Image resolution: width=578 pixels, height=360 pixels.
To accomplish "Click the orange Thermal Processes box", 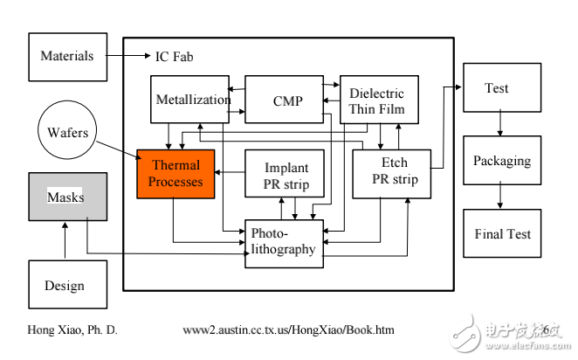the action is (175, 174).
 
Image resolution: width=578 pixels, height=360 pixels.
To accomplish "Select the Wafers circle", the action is (67, 130).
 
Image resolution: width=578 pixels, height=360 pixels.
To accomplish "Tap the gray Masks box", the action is (68, 197).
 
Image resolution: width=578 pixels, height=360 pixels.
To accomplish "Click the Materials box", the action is (68, 57).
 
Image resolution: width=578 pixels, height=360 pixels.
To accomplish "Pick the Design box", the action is (68, 284).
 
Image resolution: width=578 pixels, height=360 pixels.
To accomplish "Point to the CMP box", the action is (285, 100).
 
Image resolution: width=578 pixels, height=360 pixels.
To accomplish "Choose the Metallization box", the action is (189, 100).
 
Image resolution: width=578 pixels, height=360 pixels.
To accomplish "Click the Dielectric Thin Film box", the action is (379, 100).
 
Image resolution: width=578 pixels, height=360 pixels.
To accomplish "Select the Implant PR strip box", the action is (285, 173).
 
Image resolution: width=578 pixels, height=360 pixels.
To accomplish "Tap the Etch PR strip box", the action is (392, 174).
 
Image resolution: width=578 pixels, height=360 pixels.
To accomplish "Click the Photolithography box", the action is (285, 244).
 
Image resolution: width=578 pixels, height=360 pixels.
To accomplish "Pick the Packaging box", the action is (502, 161).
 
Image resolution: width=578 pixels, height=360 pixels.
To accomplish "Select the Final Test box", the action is (502, 233).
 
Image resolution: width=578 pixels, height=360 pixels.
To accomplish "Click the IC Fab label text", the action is (174, 57).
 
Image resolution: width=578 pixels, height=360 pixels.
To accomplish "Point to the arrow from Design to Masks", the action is (65, 240).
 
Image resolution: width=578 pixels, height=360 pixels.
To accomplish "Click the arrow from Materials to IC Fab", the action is (128, 56).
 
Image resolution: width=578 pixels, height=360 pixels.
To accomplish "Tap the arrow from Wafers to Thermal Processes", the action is (119, 150).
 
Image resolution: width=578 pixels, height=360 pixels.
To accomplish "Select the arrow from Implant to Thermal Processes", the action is (230, 172).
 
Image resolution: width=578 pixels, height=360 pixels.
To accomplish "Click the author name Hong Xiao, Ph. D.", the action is (72, 329).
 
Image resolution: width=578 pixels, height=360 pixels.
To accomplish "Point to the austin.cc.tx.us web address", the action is (289, 329).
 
